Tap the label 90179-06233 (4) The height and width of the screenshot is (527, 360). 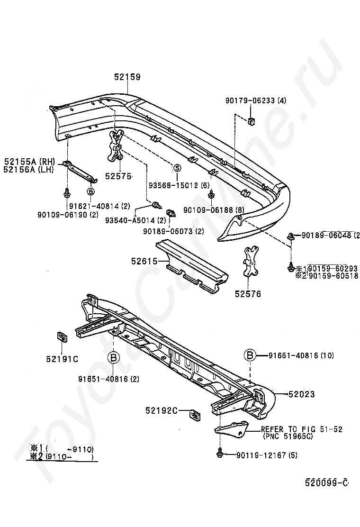pyautogui.click(x=256, y=100)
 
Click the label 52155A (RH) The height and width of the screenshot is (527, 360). pyautogui.click(x=29, y=161)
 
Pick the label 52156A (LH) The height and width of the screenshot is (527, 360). pyautogui.click(x=28, y=169)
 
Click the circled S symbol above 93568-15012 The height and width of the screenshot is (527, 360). pyautogui.click(x=177, y=167)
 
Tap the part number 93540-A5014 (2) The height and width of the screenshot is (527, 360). pyautogui.click(x=135, y=220)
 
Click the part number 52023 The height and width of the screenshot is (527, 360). pyautogui.click(x=301, y=394)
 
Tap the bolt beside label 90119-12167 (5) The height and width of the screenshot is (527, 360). pyautogui.click(x=220, y=454)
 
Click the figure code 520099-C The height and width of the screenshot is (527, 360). pyautogui.click(x=326, y=482)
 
